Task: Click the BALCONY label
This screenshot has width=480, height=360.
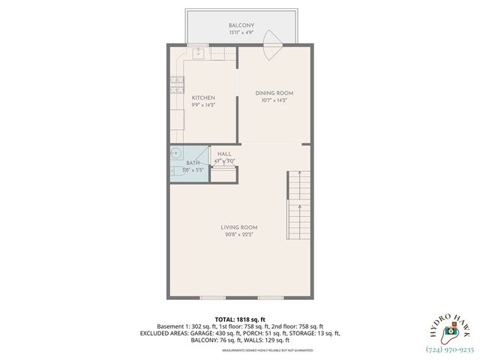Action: (241, 25)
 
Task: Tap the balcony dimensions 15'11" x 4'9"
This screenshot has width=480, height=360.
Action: (241, 33)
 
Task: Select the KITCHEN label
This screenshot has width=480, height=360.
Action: (203, 98)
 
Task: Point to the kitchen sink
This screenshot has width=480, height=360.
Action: (198, 52)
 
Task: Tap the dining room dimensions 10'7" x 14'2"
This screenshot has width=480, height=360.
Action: (274, 100)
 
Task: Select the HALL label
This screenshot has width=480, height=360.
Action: (224, 153)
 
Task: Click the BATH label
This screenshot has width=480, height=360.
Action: (193, 163)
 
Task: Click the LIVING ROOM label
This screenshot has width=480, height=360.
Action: (239, 227)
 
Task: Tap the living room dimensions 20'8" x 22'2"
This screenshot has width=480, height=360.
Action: (239, 235)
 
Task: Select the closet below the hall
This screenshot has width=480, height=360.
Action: (224, 175)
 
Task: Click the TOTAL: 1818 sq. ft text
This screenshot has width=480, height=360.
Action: (239, 319)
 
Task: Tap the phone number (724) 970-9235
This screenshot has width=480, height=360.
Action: (450, 349)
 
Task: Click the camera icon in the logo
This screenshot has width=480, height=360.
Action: (450, 329)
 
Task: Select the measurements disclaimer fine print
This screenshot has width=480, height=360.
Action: (239, 347)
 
